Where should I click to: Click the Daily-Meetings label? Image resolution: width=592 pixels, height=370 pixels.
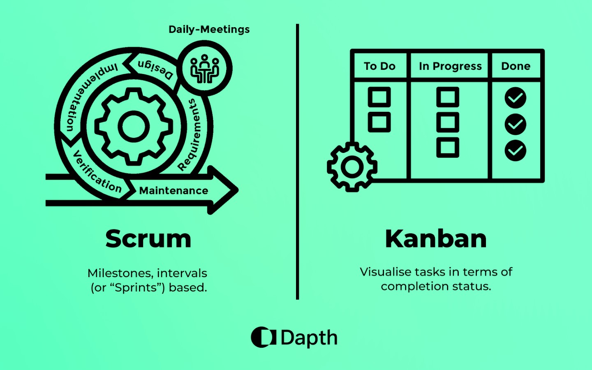tap(209, 29)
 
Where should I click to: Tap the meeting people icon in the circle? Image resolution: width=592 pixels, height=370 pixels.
tap(205, 69)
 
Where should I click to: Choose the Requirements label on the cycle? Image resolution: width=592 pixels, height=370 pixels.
tap(190, 135)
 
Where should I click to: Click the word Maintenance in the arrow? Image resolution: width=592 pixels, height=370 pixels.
tap(173, 191)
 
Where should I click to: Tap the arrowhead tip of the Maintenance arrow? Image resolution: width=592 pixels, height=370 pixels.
tap(238, 190)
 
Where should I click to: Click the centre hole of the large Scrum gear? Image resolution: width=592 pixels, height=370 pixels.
tap(134, 126)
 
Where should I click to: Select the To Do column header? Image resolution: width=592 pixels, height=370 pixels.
tap(379, 66)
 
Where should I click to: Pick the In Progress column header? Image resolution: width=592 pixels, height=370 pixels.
tap(450, 66)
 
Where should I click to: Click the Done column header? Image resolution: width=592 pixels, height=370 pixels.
tap(516, 66)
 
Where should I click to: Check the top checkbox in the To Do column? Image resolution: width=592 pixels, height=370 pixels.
tap(379, 97)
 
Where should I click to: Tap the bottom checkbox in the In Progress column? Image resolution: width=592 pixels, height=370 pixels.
tap(448, 148)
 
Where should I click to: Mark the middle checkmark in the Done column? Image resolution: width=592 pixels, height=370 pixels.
tap(516, 124)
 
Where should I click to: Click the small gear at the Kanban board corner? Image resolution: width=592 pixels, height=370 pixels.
tap(352, 167)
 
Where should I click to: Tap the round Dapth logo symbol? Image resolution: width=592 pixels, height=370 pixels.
tap(263, 337)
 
